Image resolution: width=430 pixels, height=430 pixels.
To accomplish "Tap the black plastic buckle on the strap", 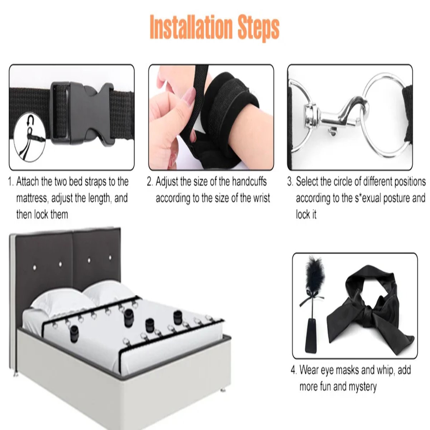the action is click(82, 114).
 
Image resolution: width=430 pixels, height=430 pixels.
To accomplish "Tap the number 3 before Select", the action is click(290, 182).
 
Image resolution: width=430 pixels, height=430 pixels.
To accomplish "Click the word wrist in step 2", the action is click(261, 198).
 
